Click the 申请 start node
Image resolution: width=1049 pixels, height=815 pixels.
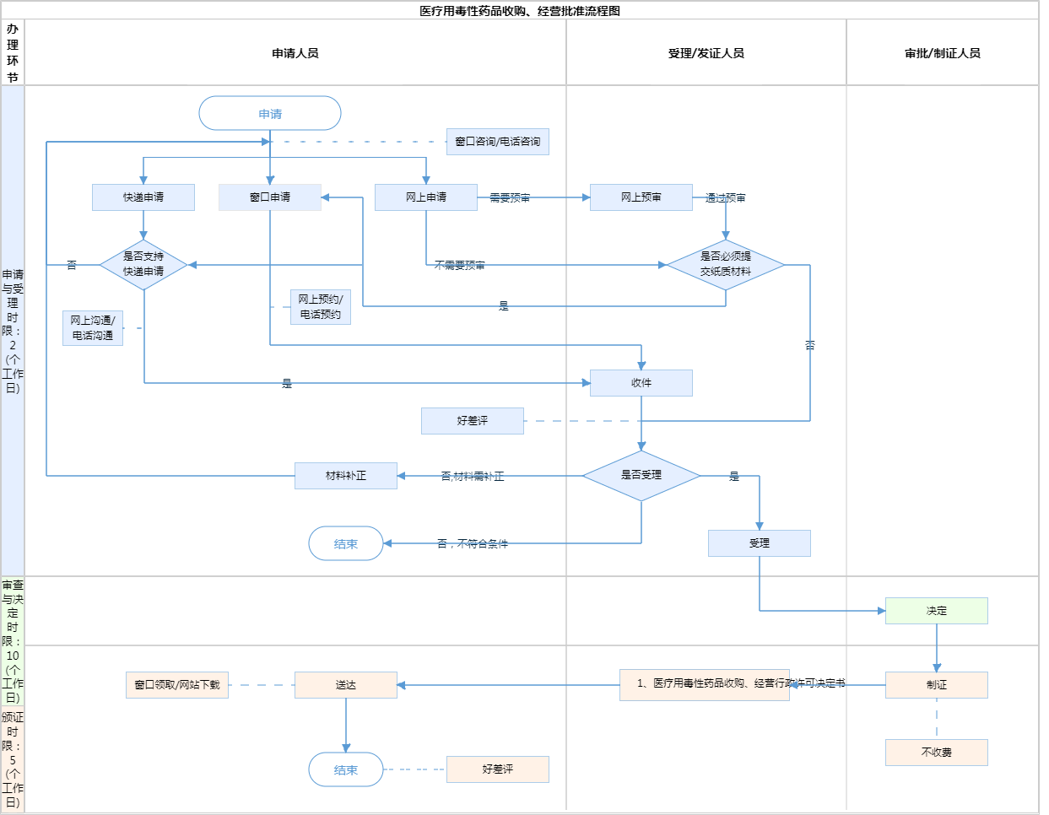pyautogui.click(x=270, y=113)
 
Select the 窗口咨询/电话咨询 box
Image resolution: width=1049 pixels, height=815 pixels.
pyautogui.click(x=498, y=142)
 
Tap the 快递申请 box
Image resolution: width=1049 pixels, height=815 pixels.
pyautogui.click(x=143, y=197)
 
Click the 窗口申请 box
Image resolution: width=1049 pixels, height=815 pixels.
pyautogui.click(x=270, y=197)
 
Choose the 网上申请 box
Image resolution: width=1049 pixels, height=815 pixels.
pyautogui.click(x=426, y=197)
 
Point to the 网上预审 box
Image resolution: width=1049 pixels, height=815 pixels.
pyautogui.click(x=641, y=197)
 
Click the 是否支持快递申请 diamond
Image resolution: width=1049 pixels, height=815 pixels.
pyautogui.click(x=143, y=265)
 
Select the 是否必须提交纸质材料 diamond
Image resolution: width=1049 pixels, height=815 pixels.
pyautogui.click(x=726, y=265)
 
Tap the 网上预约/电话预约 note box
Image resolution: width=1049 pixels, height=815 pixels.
pyautogui.click(x=321, y=307)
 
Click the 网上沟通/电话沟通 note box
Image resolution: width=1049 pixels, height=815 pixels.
pyautogui.click(x=93, y=328)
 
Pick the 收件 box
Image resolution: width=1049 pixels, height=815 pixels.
pyautogui.click(x=641, y=383)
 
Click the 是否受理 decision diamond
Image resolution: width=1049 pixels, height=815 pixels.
pyautogui.click(x=641, y=476)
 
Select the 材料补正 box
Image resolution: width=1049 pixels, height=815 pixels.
pyautogui.click(x=346, y=476)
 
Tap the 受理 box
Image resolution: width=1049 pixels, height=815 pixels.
pyautogui.click(x=760, y=543)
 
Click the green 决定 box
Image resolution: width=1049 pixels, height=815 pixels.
pyautogui.click(x=937, y=611)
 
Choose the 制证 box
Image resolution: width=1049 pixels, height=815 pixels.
pyautogui.click(x=937, y=685)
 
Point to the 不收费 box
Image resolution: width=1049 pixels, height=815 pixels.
pyautogui.click(x=937, y=753)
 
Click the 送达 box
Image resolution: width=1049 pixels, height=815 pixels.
pyautogui.click(x=346, y=685)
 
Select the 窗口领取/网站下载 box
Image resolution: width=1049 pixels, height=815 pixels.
pyautogui.click(x=177, y=685)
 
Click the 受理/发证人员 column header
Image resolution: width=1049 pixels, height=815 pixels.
pyautogui.click(x=706, y=53)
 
